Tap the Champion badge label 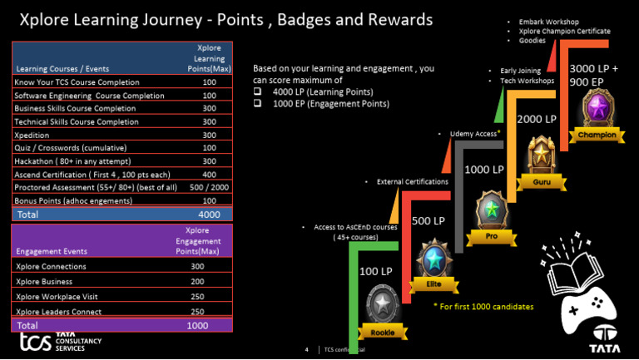point(597,136)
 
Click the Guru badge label point(542,181)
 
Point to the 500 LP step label point(428,221)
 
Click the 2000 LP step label point(537,120)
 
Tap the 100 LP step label point(375,272)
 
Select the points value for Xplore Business point(197,282)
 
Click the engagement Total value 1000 point(197,325)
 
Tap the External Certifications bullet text point(412,181)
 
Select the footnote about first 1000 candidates point(483,307)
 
